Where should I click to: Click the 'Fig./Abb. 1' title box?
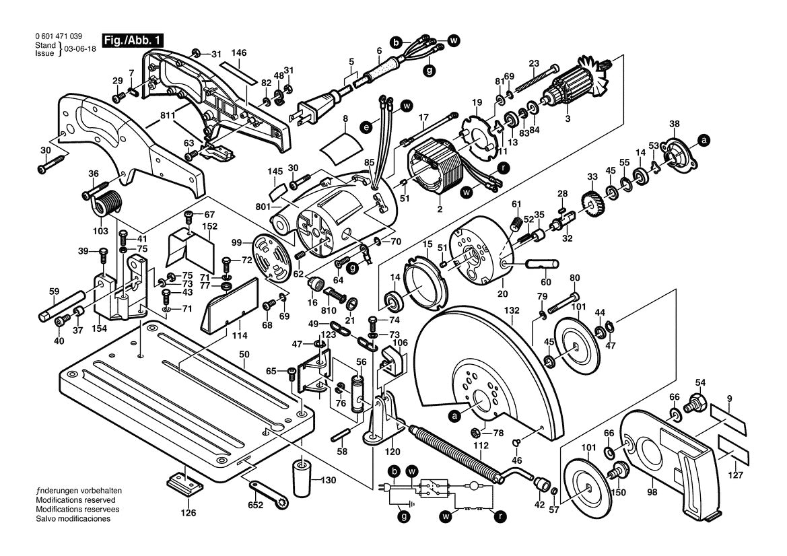132,40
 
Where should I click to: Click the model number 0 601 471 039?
58,37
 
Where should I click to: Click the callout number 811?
151,115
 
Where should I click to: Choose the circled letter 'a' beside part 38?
704,141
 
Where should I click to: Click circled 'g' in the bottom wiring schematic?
403,516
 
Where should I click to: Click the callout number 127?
737,475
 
